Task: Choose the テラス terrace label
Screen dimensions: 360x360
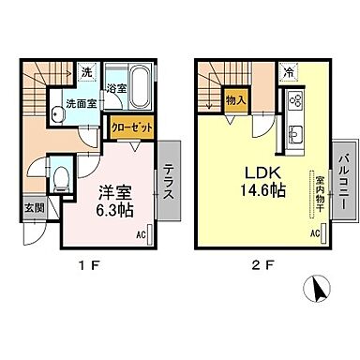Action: coord(169,178)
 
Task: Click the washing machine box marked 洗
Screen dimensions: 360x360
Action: coord(85,72)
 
